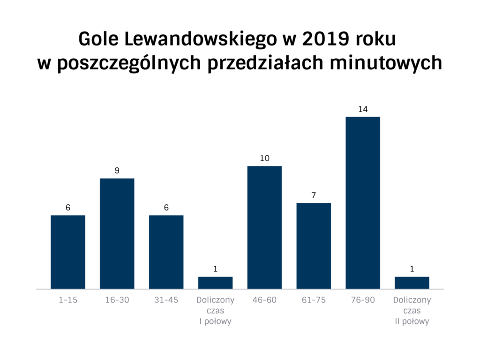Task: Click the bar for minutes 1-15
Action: (x=68, y=252)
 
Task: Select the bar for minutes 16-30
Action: (x=117, y=233)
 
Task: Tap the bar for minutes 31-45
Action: (x=166, y=252)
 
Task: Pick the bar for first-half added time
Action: (x=216, y=283)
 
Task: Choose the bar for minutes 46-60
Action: (x=265, y=227)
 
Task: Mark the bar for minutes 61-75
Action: (x=314, y=246)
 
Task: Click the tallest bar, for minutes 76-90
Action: (x=363, y=202)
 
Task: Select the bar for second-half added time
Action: (x=412, y=283)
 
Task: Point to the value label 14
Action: (x=363, y=109)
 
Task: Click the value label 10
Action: (x=265, y=158)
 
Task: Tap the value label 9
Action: (x=117, y=171)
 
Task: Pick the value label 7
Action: (x=314, y=195)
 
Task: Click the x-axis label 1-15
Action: (x=68, y=300)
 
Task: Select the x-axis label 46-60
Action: (x=265, y=300)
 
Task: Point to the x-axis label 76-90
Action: (x=363, y=300)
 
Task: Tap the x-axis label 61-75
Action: (x=314, y=300)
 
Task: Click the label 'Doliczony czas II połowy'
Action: (x=412, y=311)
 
